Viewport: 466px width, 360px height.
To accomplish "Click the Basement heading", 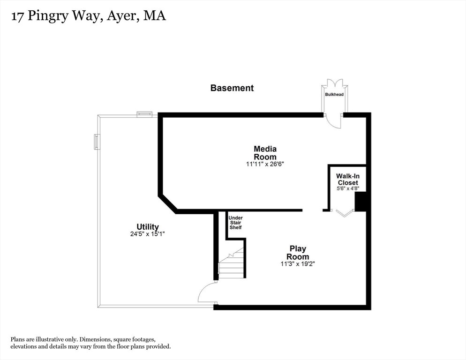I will coord(232,88).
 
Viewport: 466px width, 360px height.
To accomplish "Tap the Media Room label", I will coord(265,153).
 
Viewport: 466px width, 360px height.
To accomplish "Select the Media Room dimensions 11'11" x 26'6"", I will coord(265,165).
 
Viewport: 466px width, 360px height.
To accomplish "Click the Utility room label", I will coord(148,227).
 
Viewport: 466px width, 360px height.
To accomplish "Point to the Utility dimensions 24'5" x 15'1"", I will coord(148,233).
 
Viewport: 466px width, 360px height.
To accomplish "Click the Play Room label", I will coord(298,253).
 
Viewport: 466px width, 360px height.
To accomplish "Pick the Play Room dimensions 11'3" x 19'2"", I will coord(298,264).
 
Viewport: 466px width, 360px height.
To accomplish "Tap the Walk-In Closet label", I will coord(347,179).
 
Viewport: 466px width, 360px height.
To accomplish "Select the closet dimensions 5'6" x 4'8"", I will coord(347,188).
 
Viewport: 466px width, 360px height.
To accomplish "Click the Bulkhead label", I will coord(334,95).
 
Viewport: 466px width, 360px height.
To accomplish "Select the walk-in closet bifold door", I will coord(345,214).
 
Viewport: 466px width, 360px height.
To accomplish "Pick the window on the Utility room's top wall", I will coord(144,113).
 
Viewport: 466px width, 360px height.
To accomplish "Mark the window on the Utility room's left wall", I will coord(97,142).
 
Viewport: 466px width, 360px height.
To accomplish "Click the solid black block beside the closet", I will coord(361,202).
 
